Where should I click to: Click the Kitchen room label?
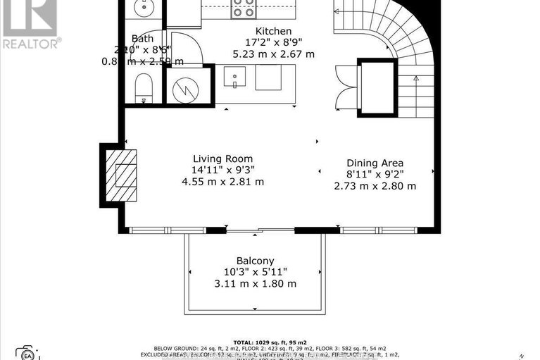point(274,30)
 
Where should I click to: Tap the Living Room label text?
point(222,159)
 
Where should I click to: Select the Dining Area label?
point(374,163)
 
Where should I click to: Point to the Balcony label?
point(255,260)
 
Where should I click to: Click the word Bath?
point(142,39)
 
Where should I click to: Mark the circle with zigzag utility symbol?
point(187,87)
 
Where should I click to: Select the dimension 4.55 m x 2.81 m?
point(222,182)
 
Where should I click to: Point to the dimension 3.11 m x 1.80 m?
point(256,283)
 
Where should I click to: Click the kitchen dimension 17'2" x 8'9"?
point(274,42)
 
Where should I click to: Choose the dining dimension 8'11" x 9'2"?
point(374,174)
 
